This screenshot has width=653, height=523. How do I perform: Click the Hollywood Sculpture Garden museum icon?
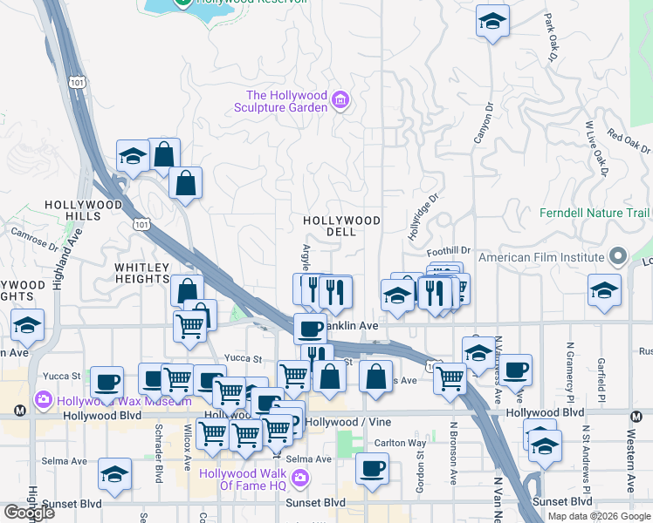coord(340,102)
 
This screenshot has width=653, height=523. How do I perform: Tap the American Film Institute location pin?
coord(618,256)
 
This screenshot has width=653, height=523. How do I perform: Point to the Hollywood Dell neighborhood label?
coord(341,227)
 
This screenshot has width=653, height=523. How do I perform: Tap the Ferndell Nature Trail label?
coord(595,213)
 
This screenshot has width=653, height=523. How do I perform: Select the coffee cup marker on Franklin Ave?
coord(310,329)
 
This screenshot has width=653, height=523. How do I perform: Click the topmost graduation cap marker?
coord(492,22)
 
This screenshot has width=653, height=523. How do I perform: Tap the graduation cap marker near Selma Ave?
coord(114,475)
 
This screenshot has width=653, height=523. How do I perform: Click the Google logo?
coord(30,513)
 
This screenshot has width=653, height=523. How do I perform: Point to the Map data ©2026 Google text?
coord(599,516)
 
